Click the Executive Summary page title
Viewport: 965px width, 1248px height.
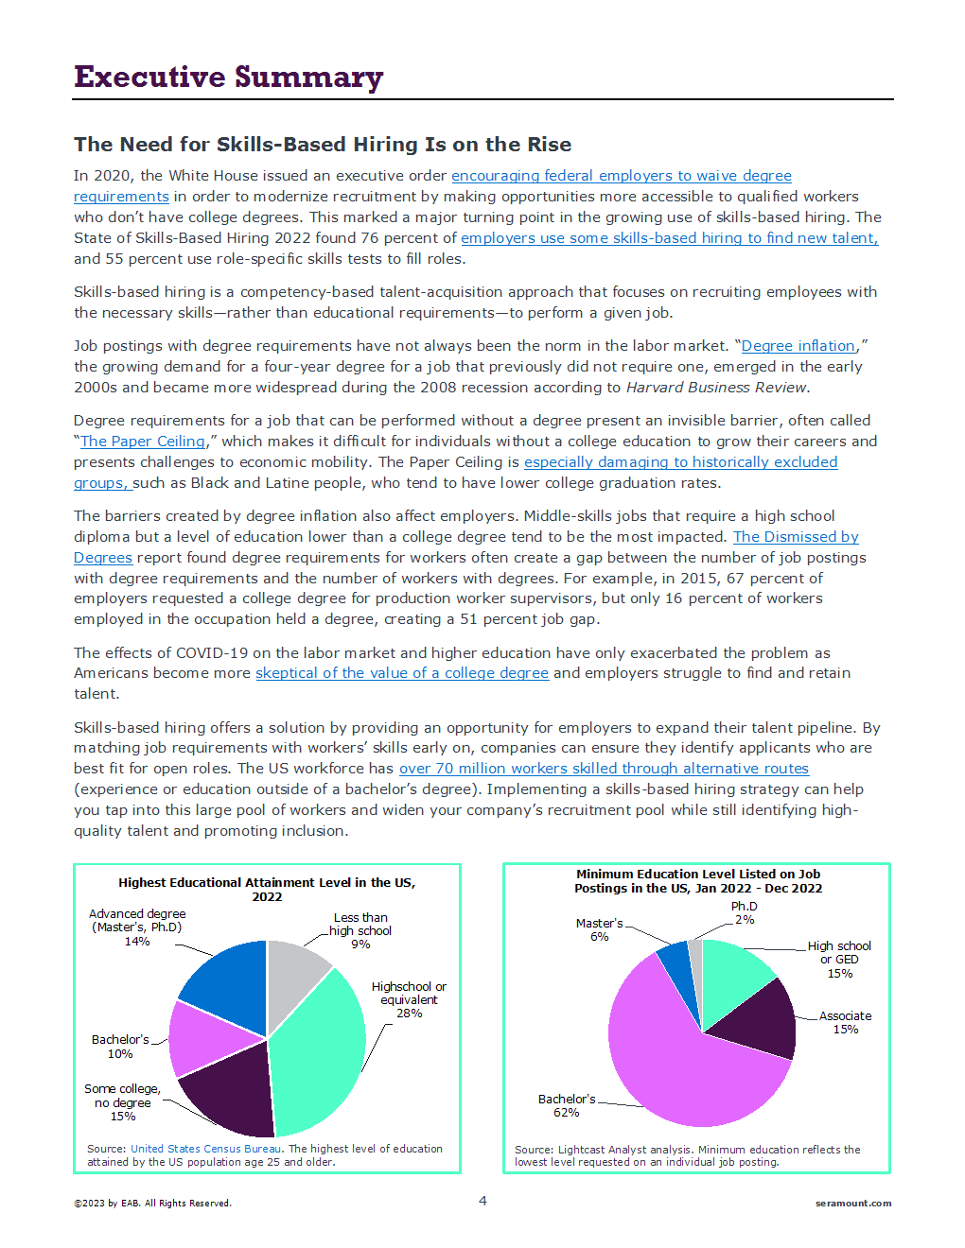coord(228,77)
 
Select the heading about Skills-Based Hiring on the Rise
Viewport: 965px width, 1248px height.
coord(323,145)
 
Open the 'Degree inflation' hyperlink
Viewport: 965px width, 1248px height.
coord(798,346)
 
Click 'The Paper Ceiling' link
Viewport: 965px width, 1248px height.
coord(143,442)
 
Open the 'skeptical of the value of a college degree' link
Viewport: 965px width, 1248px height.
coord(402,673)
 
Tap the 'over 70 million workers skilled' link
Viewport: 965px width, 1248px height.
coord(604,769)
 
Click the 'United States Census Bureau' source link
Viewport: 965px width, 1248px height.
coord(205,1149)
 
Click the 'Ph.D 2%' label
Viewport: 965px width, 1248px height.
coord(745,912)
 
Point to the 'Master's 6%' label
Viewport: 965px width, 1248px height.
coord(600,929)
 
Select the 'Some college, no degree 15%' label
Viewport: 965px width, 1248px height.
coord(122,1102)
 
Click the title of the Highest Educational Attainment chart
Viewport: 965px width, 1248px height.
coord(267,889)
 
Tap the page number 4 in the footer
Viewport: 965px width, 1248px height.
coord(482,1201)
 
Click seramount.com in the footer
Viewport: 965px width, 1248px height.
coord(852,1204)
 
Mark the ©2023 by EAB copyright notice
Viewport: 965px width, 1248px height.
coord(152,1204)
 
